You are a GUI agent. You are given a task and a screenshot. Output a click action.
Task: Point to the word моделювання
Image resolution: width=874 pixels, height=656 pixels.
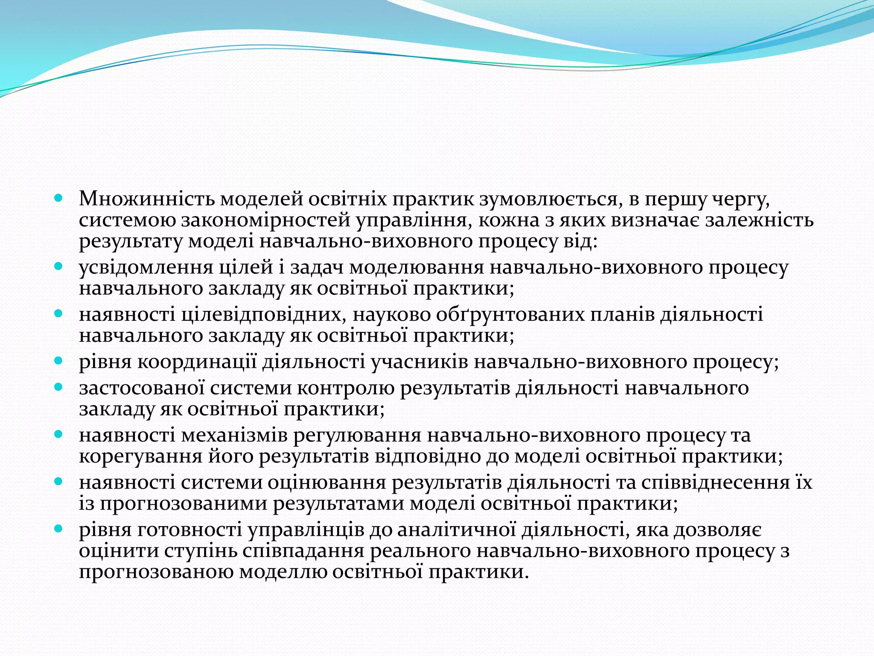[417, 268]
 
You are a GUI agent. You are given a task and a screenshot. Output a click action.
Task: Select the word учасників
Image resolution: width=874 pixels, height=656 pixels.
[420, 363]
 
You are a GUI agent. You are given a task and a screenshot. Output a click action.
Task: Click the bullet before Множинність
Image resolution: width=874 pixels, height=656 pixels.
[59, 199]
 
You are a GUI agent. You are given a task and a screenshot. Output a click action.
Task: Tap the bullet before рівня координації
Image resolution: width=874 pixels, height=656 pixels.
[59, 361]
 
